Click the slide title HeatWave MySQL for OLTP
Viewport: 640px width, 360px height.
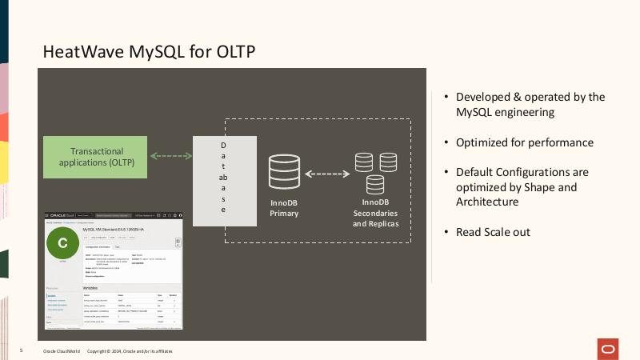[x=149, y=52]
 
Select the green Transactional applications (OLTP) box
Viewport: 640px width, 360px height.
[x=96, y=156]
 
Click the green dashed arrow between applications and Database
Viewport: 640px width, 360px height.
[x=170, y=156]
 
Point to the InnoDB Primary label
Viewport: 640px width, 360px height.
[x=284, y=208]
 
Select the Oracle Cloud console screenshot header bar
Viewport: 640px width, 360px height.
[x=113, y=215]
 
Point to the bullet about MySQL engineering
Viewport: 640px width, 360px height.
[x=530, y=105]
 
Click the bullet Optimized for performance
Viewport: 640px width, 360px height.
[x=524, y=142]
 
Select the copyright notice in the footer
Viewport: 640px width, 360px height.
[x=129, y=351]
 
